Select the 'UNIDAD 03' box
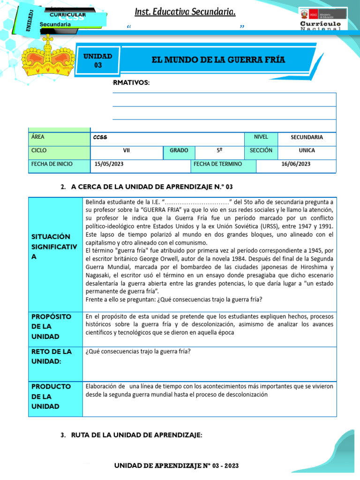pos(97,60)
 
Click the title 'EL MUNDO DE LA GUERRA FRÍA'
pos(218,60)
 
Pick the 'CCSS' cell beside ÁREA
pos(167,137)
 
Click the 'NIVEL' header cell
pos(261,137)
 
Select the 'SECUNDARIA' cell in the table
pos(307,137)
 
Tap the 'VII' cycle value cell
pos(126,150)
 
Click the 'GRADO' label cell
pos(179,150)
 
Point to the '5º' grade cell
pos(219,150)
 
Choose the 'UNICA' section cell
pos(307,150)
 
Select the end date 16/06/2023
pos(296,164)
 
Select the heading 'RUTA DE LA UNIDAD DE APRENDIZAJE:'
pos(136,435)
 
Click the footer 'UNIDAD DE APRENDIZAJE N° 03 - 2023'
pos(177,465)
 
